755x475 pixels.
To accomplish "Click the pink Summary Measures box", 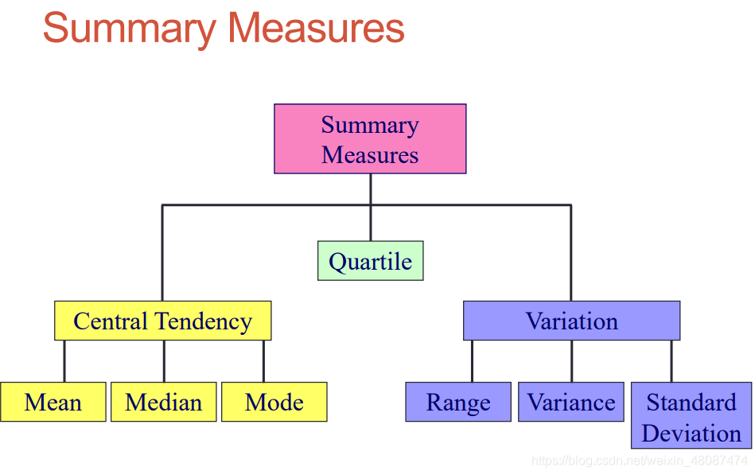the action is pos(370,138).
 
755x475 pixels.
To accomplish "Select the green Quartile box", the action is pos(370,261).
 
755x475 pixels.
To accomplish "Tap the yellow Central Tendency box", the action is pos(162,321).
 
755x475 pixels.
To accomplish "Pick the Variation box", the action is pos(571,321).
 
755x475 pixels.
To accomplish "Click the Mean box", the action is pos(53,402).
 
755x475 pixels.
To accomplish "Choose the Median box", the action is pos(163,402).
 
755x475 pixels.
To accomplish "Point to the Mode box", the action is pos(274,402).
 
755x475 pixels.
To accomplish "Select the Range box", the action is pos(458,402).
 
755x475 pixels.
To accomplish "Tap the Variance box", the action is pos(571,402).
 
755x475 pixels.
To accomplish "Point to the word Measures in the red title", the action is pos(316,28).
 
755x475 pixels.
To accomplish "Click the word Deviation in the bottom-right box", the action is pos(691,433).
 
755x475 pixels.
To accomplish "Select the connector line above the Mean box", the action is pos(64,361).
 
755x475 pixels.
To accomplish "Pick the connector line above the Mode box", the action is pos(263,361).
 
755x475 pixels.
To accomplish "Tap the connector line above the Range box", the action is pos(472,361).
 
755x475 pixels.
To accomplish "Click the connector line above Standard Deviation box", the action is pos(671,361).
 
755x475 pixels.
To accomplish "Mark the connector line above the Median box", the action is pos(164,361).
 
